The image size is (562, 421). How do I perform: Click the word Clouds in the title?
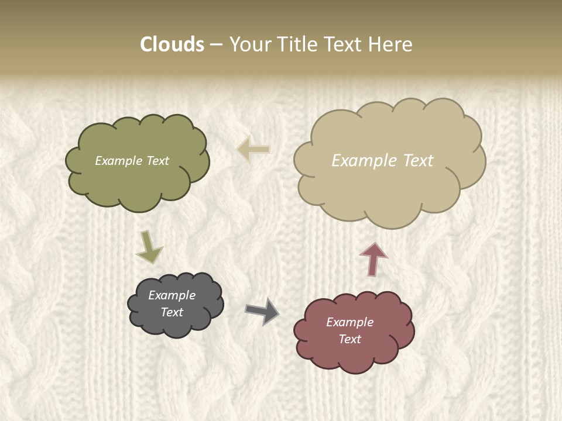[172, 44]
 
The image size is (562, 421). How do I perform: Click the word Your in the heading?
[249, 44]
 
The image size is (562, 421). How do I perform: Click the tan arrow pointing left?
[253, 149]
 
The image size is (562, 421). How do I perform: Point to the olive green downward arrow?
[149, 247]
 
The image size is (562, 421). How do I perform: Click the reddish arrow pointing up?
[373, 259]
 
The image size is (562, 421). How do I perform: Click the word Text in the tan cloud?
[417, 161]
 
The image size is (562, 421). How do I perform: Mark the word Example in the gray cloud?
[172, 295]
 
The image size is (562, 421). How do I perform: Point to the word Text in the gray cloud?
[172, 312]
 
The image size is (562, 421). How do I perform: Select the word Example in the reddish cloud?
[349, 322]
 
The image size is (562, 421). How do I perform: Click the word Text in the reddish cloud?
[349, 339]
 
